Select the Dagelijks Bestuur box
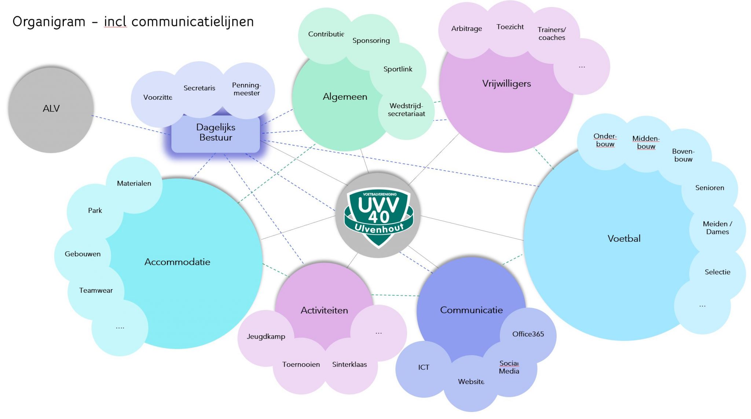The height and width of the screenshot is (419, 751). point(216,133)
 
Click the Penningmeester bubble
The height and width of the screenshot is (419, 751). point(247,90)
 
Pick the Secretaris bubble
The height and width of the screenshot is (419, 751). point(199,88)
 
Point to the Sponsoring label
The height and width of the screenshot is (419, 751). point(371,41)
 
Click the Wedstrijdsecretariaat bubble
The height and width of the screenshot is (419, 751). point(406,110)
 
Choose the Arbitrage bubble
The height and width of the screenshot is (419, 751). point(466,29)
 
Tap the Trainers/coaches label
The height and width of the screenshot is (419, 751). point(552,34)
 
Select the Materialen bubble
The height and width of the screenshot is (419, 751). point(134,184)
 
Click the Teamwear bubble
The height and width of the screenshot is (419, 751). point(96,291)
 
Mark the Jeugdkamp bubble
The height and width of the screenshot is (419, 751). point(266,337)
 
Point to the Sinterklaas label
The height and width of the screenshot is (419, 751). point(349,365)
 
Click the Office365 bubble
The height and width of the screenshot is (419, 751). point(528,334)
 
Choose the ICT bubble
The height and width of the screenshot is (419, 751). point(424,368)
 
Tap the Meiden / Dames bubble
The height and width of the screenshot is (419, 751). point(717,228)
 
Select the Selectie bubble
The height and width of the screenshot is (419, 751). point(717,272)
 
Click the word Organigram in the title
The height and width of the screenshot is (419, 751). point(49,22)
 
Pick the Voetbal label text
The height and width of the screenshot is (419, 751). point(624,239)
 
